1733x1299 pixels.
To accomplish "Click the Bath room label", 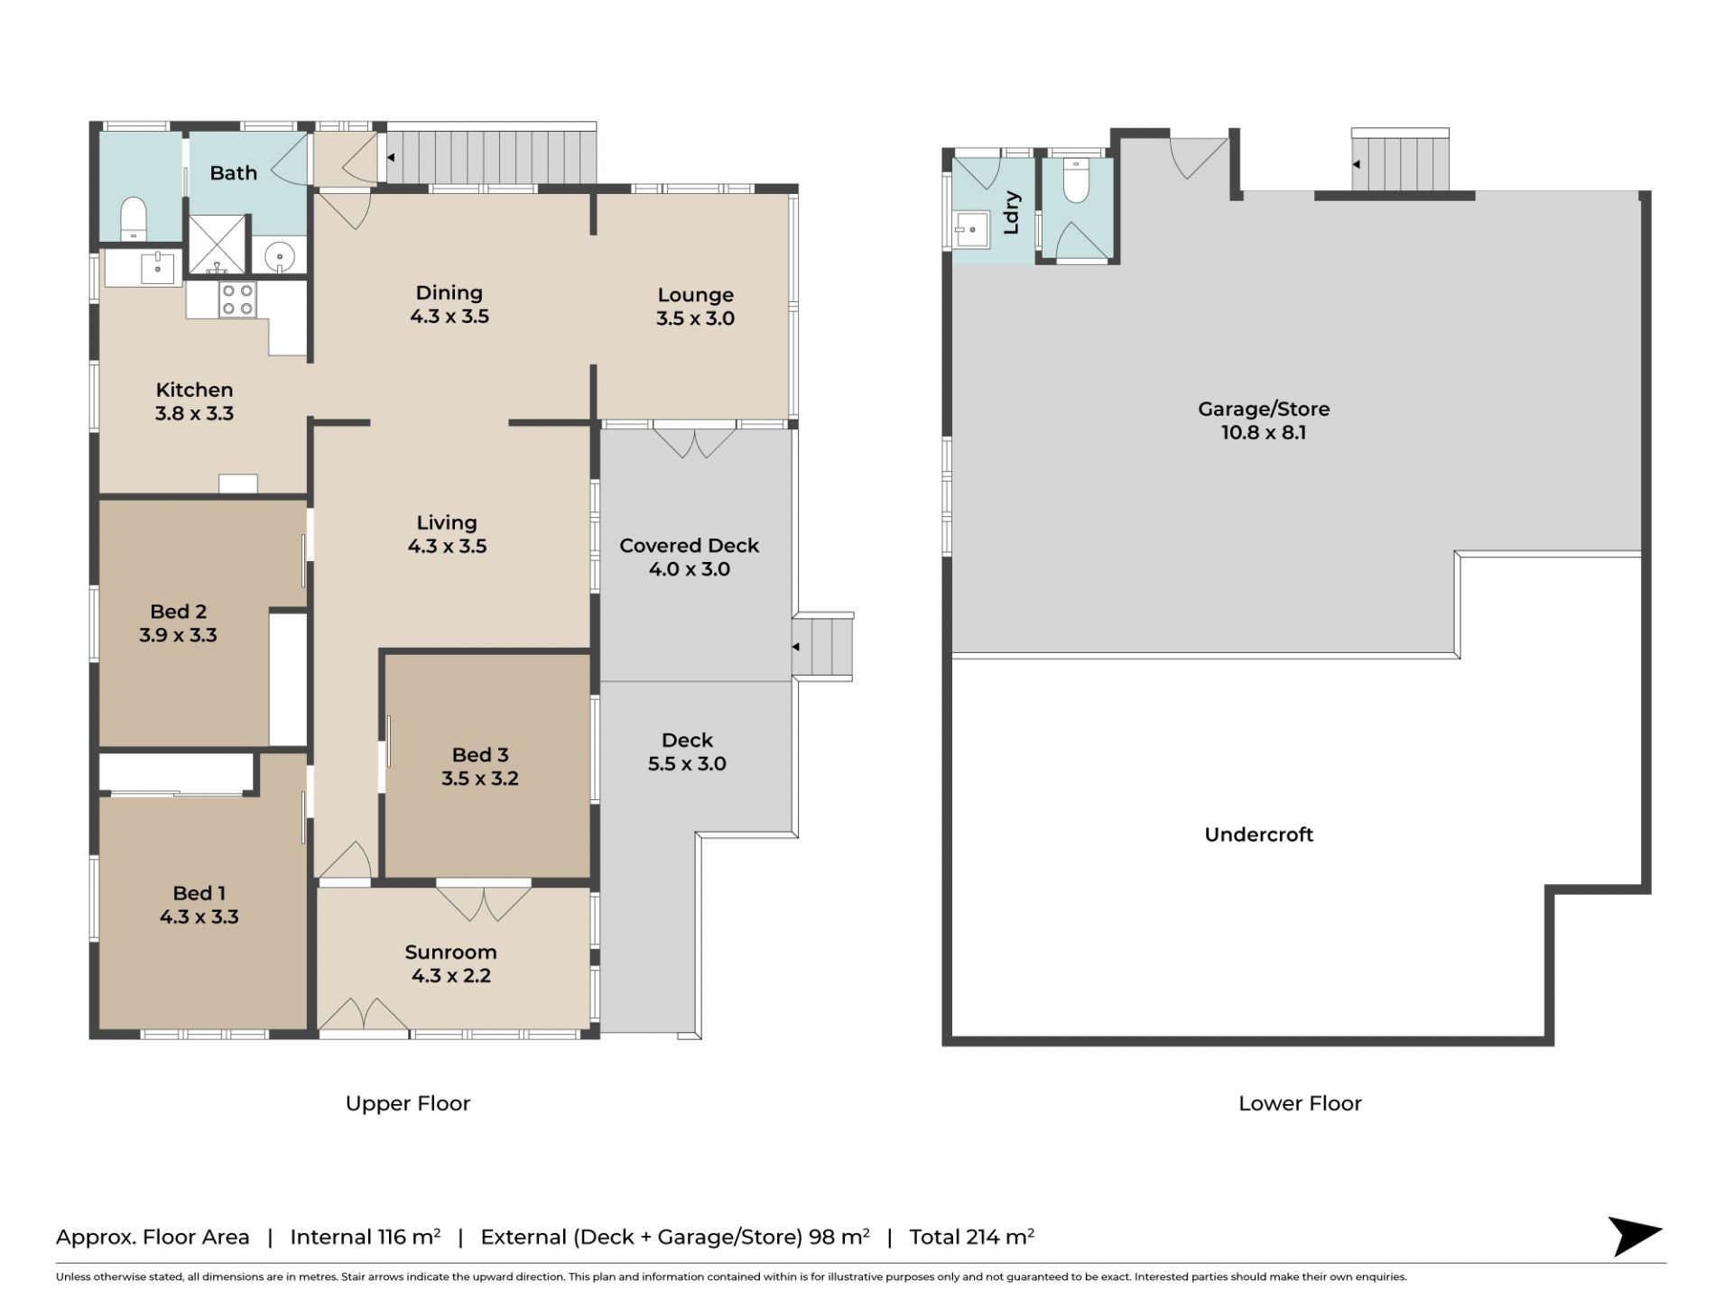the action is click(233, 172).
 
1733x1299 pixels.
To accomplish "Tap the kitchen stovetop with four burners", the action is click(237, 299).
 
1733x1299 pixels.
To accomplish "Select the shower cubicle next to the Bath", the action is click(217, 244).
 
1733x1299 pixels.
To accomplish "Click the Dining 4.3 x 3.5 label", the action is click(449, 304).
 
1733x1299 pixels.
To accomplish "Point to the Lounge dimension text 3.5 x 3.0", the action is click(695, 318).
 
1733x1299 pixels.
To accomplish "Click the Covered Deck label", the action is click(689, 546).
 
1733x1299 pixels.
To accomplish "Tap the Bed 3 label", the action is click(480, 755).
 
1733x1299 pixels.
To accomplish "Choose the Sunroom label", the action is click(450, 953).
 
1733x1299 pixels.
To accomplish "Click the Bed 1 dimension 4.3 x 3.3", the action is click(199, 917).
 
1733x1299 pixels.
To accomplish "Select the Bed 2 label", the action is click(178, 612).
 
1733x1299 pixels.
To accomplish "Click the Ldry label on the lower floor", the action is click(1011, 213).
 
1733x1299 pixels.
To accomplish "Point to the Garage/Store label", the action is click(1264, 409).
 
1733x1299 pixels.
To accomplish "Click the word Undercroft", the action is click(1258, 834).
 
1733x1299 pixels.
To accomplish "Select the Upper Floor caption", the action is click(408, 1103).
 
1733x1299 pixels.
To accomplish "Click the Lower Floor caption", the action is click(1300, 1103).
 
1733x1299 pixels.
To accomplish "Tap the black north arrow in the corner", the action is click(1634, 1236).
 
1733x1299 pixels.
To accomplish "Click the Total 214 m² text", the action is click(971, 1237).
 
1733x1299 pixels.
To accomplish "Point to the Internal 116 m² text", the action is click(365, 1237).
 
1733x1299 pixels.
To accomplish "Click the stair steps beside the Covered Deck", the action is click(822, 646).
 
